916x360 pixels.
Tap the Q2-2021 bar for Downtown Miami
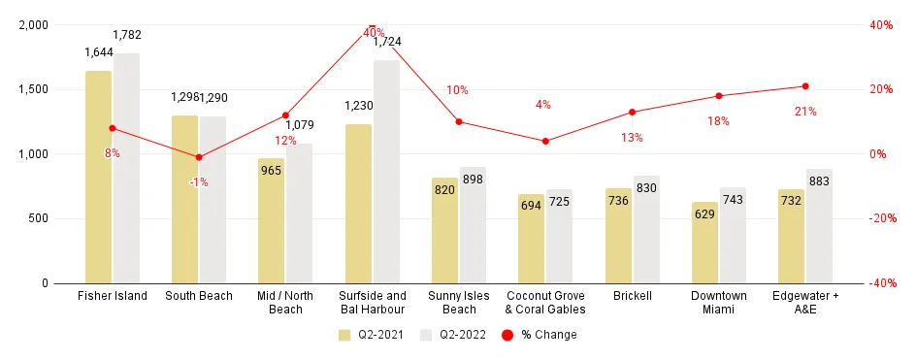point(704,243)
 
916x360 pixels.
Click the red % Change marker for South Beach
point(199,157)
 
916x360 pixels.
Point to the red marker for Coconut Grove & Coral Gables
point(545,141)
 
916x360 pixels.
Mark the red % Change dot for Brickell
point(632,112)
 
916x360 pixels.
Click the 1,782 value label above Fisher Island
point(127,36)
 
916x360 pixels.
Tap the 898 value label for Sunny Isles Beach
point(474,180)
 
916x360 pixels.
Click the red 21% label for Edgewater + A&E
point(805,112)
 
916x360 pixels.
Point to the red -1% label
point(199,182)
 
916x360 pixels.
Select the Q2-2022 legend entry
point(453,335)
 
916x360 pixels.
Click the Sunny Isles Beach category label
point(459,302)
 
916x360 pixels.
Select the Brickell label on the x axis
point(632,296)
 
